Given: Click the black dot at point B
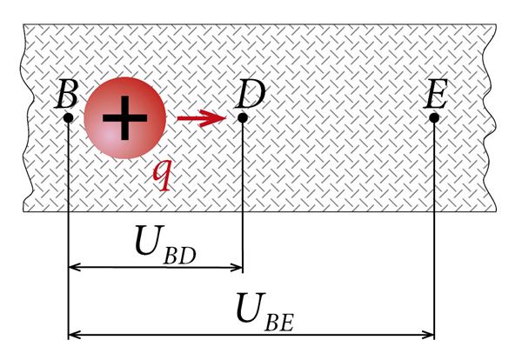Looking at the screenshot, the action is pos(68,117).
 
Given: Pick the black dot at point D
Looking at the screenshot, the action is pos(243,117).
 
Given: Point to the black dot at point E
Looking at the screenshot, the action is pos(434,117).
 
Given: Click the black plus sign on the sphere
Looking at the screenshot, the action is pos(124,117).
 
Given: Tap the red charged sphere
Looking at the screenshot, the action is pos(124,117).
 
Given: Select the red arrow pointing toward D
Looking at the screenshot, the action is pos(202,118).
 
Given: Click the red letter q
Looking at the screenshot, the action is pos(163,176).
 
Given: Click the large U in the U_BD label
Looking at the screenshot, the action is pos(150,240).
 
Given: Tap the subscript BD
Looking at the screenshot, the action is pos(179,256).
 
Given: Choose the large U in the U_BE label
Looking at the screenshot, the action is pos(251,308).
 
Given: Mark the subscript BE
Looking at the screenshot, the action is pos(279,323).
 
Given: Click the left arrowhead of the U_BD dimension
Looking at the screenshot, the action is pos(74,267).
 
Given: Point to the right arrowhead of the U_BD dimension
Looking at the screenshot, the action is pos(237,267).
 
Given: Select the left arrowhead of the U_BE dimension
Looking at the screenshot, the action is pos(74,335).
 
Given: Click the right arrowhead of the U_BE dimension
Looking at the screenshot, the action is pos(428,335).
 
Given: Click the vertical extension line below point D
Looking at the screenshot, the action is pos(243,197).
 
